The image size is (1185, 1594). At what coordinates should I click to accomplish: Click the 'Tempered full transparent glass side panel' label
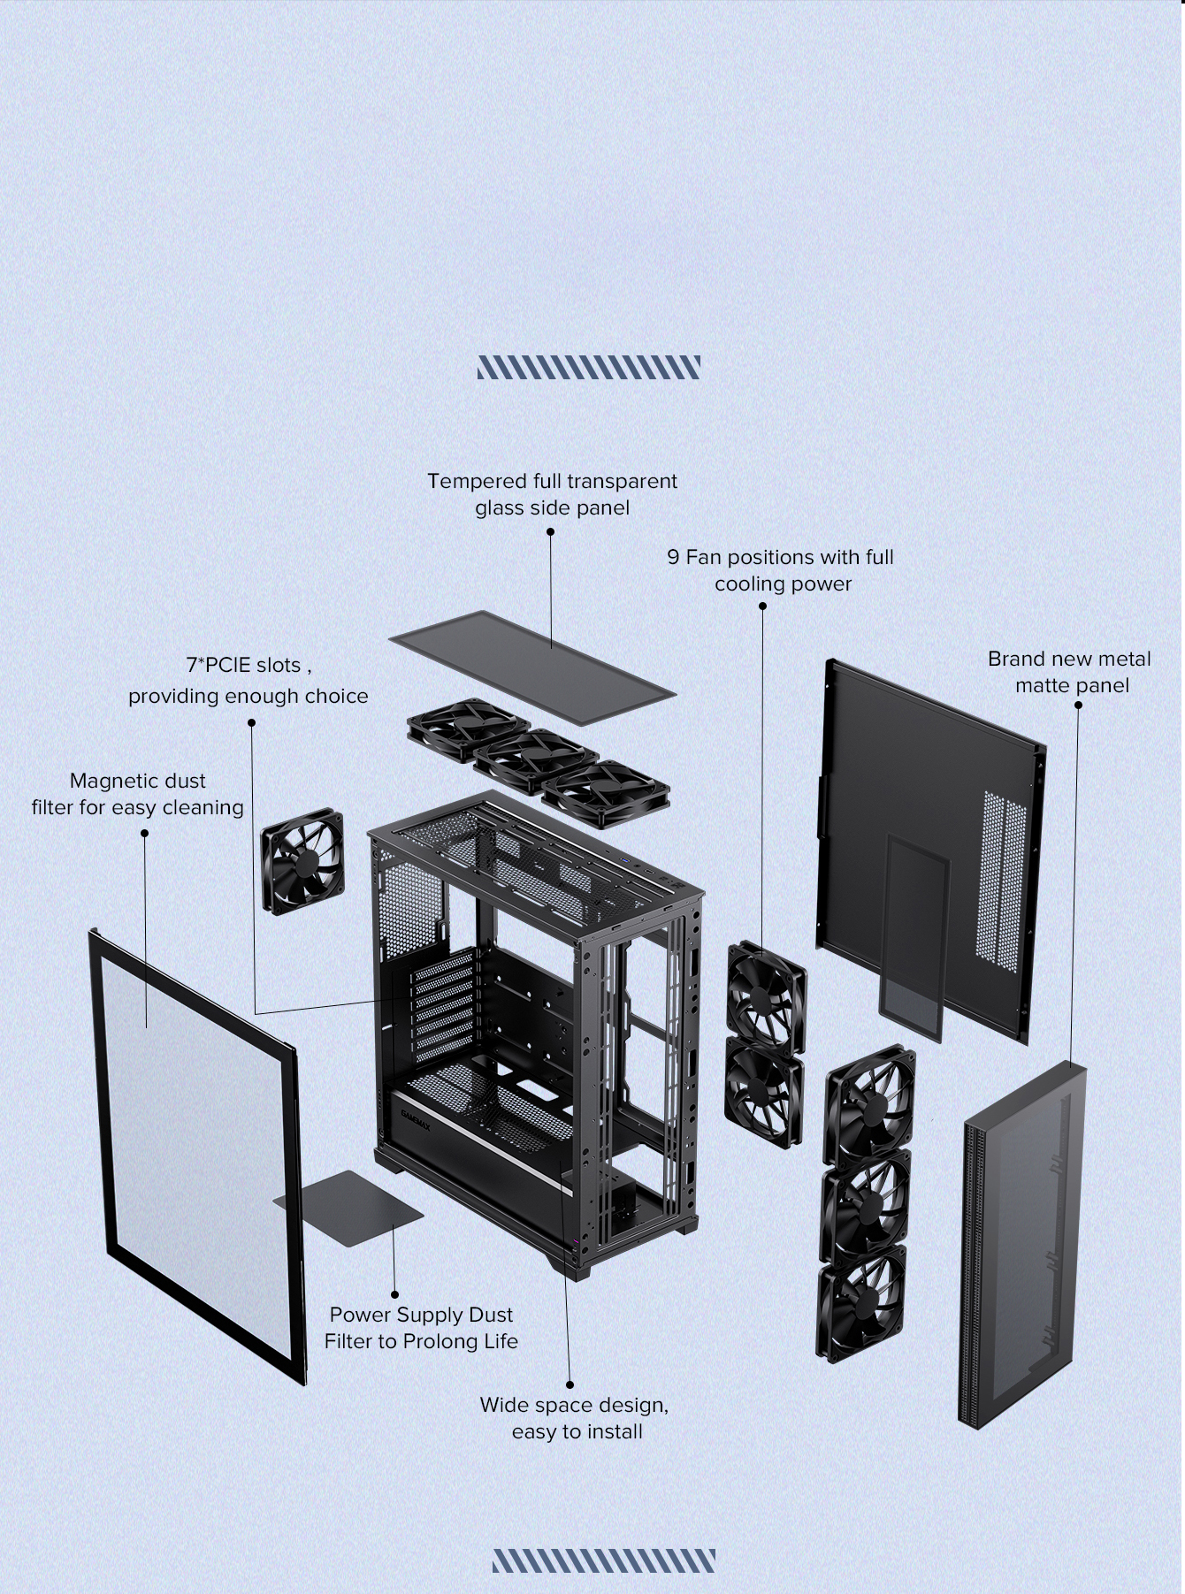552,494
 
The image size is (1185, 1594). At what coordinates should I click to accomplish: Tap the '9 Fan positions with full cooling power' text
781,570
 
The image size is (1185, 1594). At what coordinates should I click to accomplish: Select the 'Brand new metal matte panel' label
1070,672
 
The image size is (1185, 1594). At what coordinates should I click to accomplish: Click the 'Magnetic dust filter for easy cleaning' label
137,794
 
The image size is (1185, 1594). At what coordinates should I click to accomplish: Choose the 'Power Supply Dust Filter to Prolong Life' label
421,1328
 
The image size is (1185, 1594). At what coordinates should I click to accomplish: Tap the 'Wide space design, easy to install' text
575,1418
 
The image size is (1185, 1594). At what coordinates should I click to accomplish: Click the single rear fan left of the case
302,860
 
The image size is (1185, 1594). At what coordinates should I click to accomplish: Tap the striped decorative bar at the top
589,367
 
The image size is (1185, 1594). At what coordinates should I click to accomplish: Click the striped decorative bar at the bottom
604,1560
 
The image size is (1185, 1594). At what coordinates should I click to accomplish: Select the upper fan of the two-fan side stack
766,996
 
